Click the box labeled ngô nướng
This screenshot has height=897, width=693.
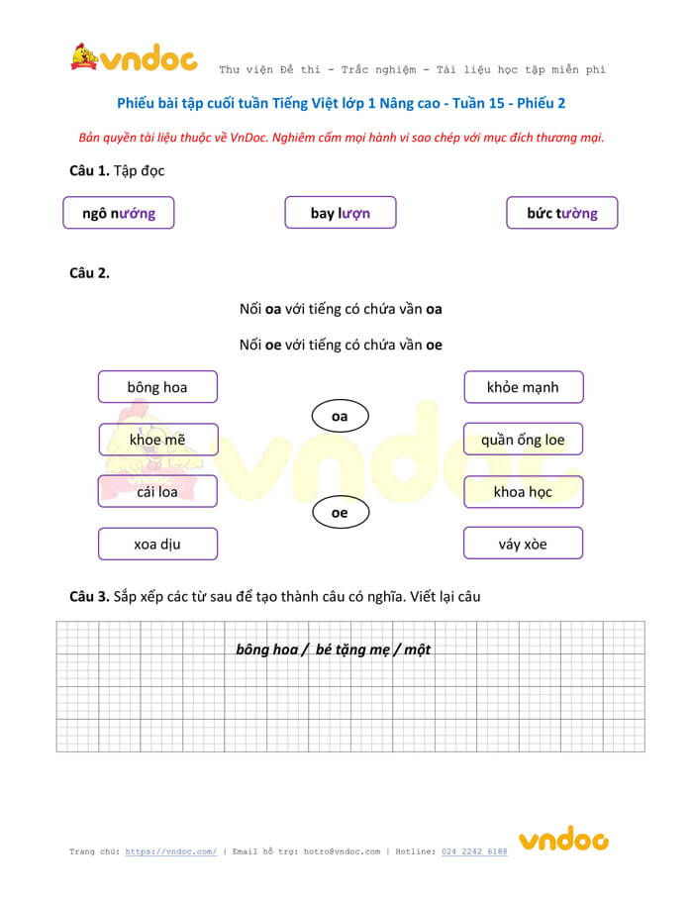click(x=118, y=213)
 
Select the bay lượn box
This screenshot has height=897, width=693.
click(x=341, y=213)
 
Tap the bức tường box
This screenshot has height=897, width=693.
click(x=562, y=213)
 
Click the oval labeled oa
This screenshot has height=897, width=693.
click(x=340, y=417)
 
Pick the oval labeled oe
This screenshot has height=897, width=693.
click(x=340, y=513)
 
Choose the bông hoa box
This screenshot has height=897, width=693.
click(x=157, y=387)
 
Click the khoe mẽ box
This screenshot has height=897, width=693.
click(x=157, y=440)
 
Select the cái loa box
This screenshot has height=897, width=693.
click(x=157, y=491)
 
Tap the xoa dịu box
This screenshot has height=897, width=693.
click(x=157, y=544)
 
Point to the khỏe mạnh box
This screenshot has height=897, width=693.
click(x=523, y=387)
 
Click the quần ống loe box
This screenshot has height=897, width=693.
click(x=523, y=440)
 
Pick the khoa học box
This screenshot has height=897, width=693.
click(x=523, y=491)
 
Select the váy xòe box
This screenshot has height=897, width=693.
click(x=523, y=544)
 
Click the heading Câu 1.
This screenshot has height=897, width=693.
click(x=89, y=171)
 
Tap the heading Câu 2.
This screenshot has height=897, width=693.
click(x=89, y=273)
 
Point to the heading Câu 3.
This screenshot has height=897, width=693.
click(x=89, y=596)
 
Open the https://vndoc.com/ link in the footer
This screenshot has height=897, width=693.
click(x=171, y=851)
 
